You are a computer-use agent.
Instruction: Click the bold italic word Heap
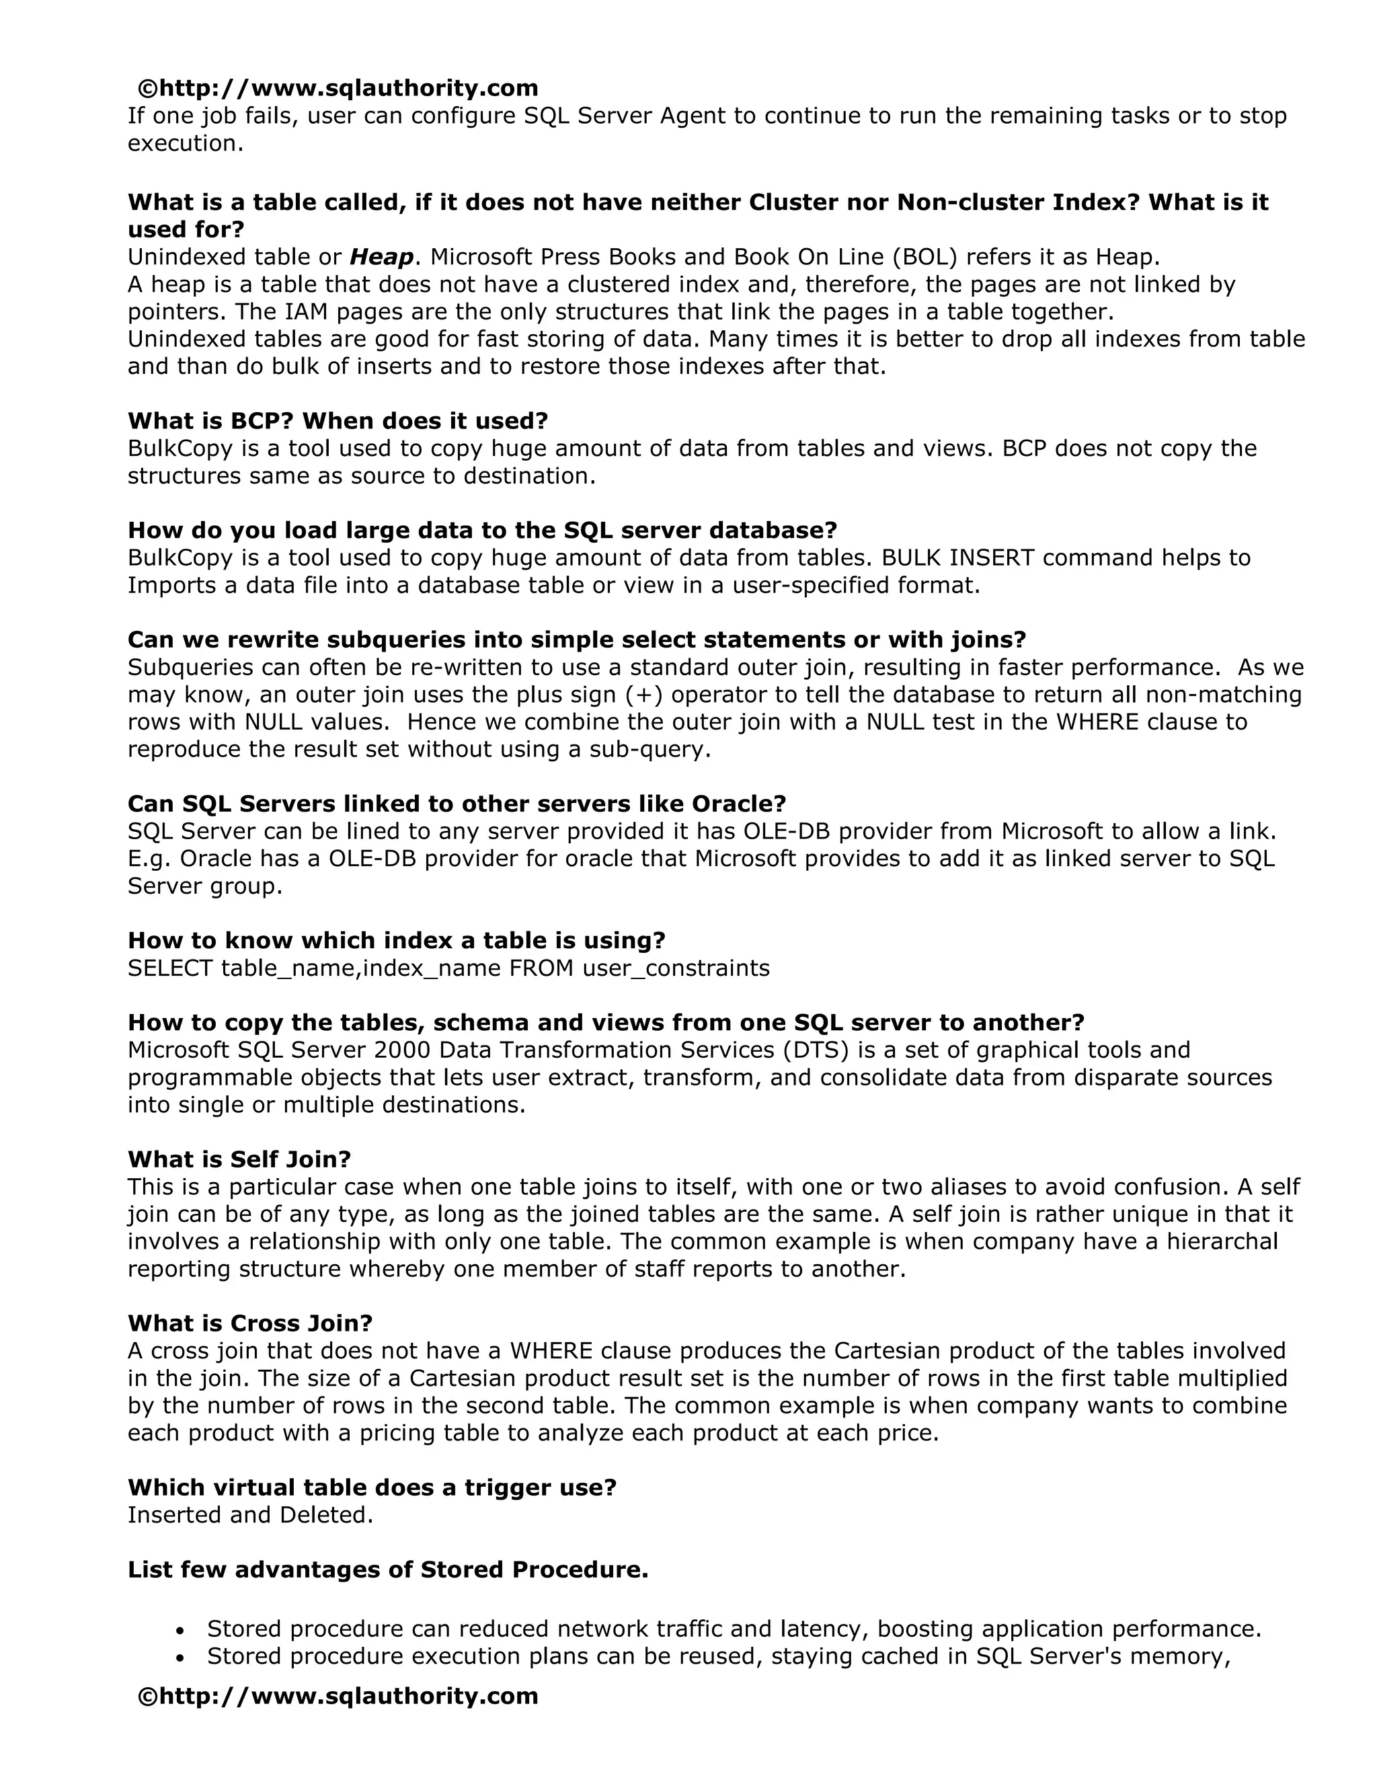pyautogui.click(x=381, y=258)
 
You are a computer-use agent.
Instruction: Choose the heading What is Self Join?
pyautogui.click(x=239, y=1159)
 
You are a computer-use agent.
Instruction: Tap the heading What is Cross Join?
pyautogui.click(x=249, y=1323)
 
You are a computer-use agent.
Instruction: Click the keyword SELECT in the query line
pyautogui.click(x=171, y=968)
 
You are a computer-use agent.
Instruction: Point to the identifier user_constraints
pyautogui.click(x=676, y=968)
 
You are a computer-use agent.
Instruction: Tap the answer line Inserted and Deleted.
pyautogui.click(x=250, y=1515)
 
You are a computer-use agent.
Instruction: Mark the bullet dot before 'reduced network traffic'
pyautogui.click(x=180, y=1630)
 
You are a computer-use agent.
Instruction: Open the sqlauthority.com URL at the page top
pyautogui.click(x=338, y=88)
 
